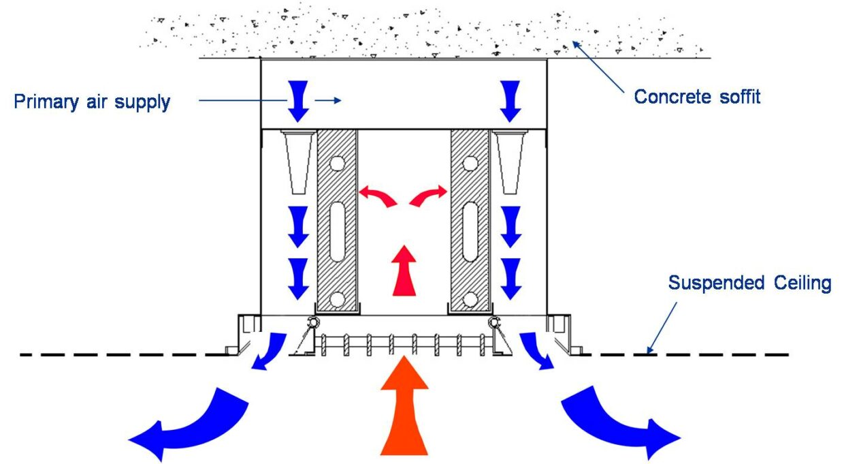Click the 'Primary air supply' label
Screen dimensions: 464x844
click(92, 102)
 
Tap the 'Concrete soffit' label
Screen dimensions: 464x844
click(697, 97)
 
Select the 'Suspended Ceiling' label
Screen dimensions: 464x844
click(749, 283)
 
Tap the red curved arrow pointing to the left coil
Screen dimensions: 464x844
click(378, 196)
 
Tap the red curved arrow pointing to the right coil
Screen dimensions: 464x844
click(429, 196)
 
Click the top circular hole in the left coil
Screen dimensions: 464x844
click(337, 164)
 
